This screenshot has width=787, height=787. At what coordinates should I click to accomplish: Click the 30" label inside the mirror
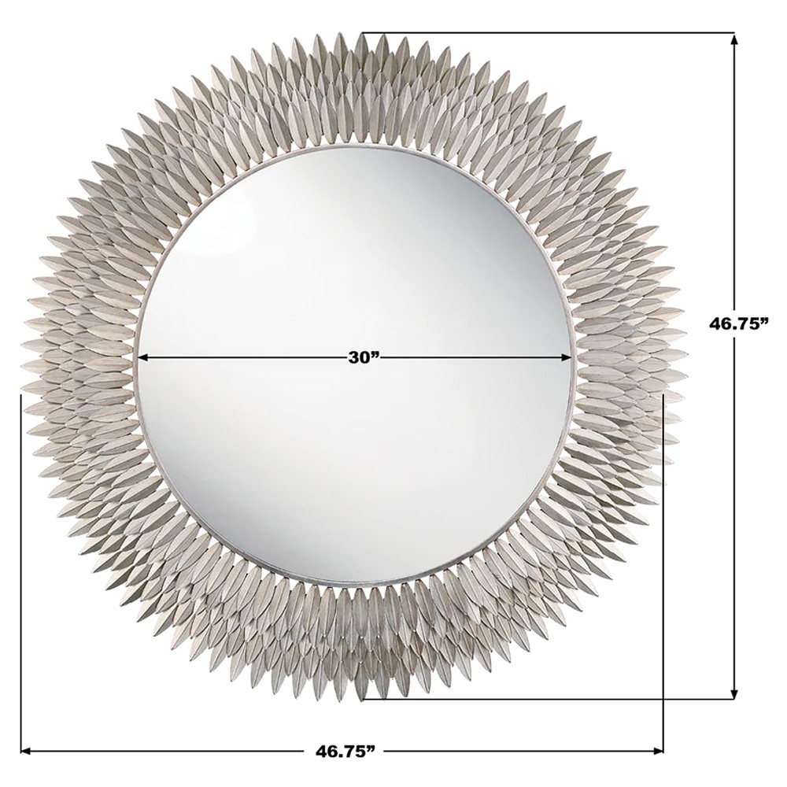coord(363,357)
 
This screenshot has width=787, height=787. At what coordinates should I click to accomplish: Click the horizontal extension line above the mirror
coord(551,33)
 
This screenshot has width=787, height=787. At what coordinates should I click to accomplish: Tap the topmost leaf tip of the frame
coord(361,33)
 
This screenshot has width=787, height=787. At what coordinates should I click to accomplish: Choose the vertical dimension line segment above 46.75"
coord(734,173)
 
